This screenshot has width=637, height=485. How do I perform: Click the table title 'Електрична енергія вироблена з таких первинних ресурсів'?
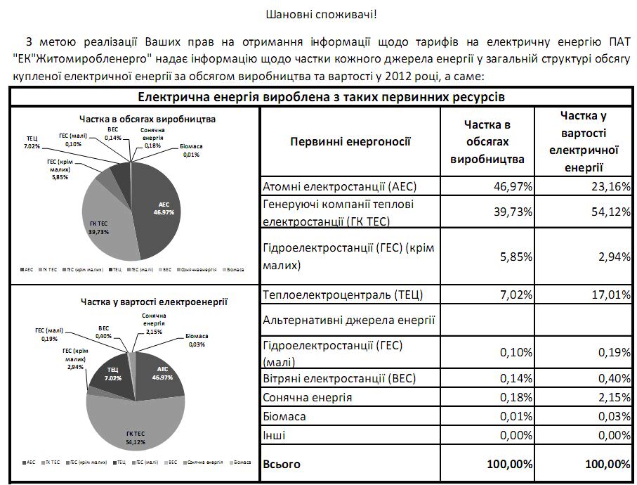coord(321,96)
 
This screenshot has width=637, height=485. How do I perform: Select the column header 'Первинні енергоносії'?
coord(350,141)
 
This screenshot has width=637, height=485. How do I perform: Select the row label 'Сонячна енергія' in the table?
coord(307,398)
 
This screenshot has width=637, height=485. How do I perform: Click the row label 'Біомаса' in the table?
coord(284,417)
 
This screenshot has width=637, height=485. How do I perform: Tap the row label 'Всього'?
coord(281,464)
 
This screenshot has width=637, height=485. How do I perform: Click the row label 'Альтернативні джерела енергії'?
coord(349,321)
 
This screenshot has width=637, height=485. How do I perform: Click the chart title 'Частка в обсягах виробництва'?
coord(138,119)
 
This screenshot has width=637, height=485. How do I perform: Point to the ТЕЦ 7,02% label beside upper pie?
coord(32,142)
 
